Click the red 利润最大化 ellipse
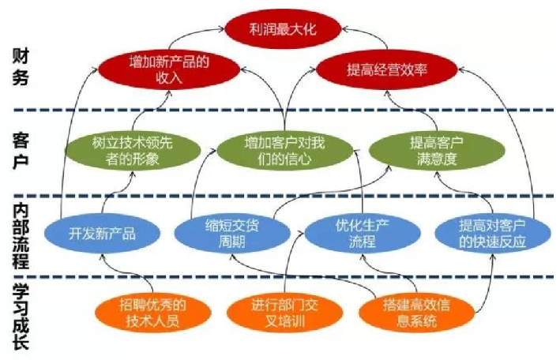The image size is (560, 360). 283,29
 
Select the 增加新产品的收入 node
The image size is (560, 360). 171,69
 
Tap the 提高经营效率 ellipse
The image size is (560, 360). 386,69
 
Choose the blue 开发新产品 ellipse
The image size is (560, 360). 103,233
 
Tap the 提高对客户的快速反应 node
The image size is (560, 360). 492,234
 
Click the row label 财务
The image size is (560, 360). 21,66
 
